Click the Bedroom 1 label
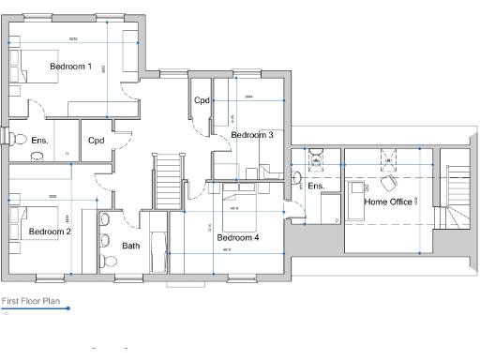[x=70, y=67]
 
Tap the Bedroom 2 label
[x=49, y=231]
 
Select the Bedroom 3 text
[x=252, y=135]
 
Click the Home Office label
[x=387, y=202]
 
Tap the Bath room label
[x=131, y=246]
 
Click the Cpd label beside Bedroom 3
[x=202, y=100]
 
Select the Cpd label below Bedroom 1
[x=96, y=141]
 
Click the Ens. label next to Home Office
[x=316, y=187]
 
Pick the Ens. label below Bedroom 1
[x=39, y=141]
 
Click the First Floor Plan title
[x=32, y=302]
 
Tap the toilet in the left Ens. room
[x=19, y=139]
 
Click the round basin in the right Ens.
[x=297, y=176]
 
